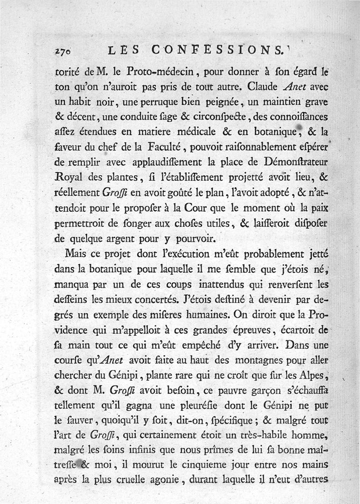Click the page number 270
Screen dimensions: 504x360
point(63,52)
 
